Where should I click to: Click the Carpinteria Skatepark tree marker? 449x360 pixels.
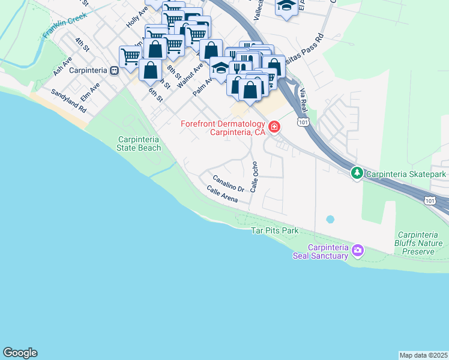(x=357, y=173)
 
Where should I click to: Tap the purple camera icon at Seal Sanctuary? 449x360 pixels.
(x=358, y=250)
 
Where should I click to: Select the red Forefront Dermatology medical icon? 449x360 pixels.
(x=274, y=127)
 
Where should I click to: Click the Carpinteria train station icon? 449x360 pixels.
(x=113, y=70)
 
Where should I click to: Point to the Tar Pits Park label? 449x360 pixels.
(x=274, y=230)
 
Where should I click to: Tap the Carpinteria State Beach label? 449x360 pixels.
(x=139, y=144)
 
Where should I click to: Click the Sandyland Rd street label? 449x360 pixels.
(x=69, y=101)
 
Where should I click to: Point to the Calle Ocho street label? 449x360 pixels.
(x=254, y=176)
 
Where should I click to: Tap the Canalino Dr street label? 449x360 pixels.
(x=228, y=183)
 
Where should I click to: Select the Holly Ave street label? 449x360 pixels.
(x=137, y=18)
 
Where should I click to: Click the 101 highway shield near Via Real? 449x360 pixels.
(x=303, y=122)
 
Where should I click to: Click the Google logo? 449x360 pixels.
(x=20, y=353)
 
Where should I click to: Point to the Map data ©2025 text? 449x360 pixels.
(x=423, y=355)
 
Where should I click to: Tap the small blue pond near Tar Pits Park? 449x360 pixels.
(x=330, y=220)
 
